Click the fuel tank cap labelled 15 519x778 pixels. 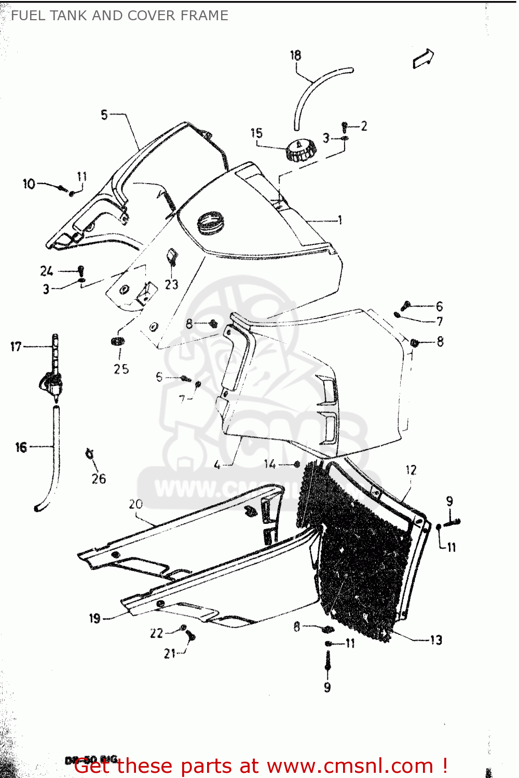point(301,150)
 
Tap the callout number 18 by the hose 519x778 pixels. point(295,55)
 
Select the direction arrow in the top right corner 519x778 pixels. point(424,58)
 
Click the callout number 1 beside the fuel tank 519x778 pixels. point(340,220)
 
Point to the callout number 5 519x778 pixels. point(104,115)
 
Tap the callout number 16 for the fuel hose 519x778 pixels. point(21,447)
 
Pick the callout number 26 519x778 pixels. point(99,479)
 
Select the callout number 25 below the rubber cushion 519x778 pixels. point(121,369)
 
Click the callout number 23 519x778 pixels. point(171,284)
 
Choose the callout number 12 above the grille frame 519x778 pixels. point(411,470)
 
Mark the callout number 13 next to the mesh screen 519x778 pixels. point(436,640)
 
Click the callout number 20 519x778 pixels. point(135,504)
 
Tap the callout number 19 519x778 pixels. point(94,618)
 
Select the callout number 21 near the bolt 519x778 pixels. point(170,654)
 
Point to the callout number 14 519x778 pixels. point(270,464)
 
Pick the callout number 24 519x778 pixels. point(47,271)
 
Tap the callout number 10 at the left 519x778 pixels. point(29,184)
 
